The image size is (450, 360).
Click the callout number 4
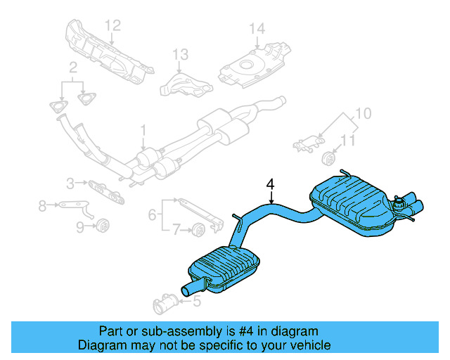click(270, 185)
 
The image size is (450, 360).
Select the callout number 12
click(113, 26)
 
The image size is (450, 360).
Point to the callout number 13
click(181, 54)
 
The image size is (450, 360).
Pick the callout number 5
click(196, 302)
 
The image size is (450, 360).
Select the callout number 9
click(79, 226)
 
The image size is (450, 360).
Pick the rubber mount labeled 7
click(199, 228)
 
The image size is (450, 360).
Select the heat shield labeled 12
click(105, 53)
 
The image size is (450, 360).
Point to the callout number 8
click(42, 205)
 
